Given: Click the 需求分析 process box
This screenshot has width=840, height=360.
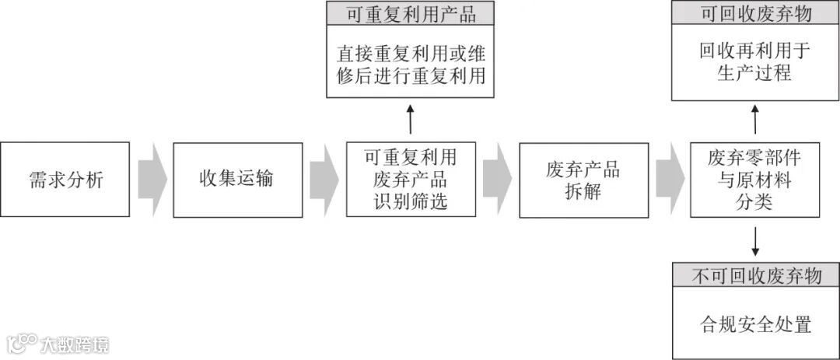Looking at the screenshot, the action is pos(65,180).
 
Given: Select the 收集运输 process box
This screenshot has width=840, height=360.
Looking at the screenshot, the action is pos(237,180).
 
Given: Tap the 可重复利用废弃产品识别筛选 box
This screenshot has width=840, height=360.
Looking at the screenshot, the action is pos(411,180).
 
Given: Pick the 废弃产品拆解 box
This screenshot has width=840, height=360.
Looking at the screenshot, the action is pos(583,180).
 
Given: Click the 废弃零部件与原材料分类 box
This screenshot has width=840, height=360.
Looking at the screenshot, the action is pos(754,180).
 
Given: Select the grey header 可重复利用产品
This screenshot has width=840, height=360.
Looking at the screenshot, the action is pos(410,13).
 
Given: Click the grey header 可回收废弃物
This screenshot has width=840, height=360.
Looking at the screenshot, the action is pos(754,13).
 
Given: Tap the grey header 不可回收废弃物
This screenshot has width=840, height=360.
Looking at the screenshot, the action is pos(754,274).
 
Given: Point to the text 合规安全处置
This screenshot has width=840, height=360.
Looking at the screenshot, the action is pos(754,323).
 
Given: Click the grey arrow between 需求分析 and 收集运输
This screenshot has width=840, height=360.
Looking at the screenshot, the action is pos(152,180).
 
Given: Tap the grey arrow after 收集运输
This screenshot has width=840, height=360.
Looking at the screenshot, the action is pos(324,180).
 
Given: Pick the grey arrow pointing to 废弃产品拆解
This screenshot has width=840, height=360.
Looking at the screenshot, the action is pos(497,180).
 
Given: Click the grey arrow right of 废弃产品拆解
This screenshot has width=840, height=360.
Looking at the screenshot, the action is pos(670,180).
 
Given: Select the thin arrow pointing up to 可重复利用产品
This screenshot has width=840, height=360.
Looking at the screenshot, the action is pos(411,121).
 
